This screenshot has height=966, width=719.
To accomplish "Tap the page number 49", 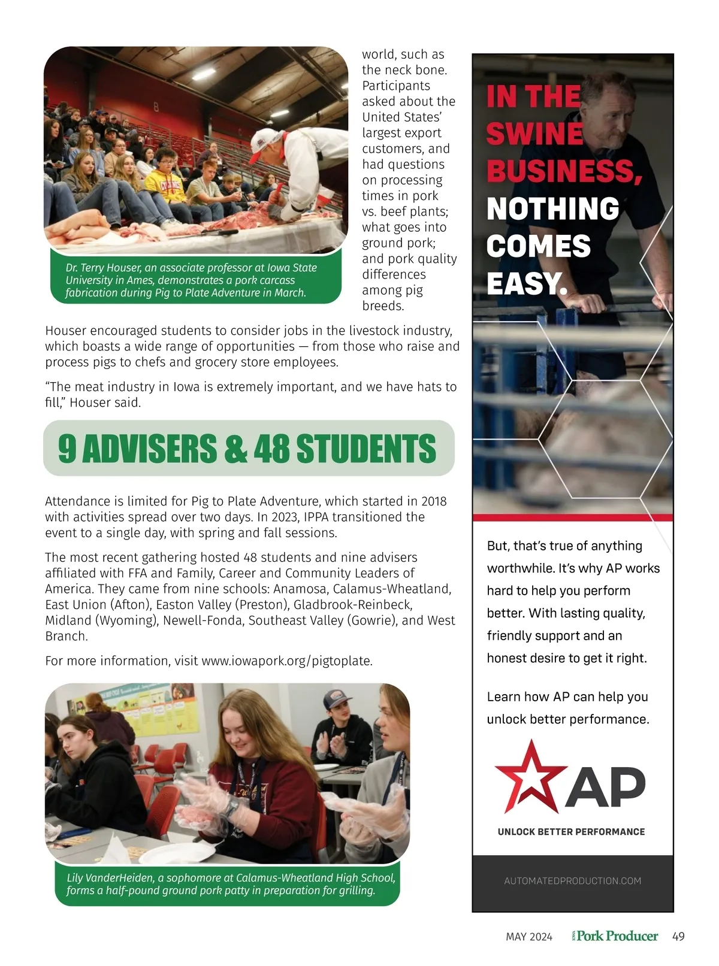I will coord(678,936).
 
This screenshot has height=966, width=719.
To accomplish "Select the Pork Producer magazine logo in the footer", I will coord(617,935).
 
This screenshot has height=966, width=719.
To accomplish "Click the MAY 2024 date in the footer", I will coord(529,937).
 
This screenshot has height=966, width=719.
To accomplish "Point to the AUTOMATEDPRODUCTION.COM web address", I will coord(572,881).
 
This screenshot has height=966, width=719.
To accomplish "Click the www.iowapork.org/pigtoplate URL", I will coord(286,661).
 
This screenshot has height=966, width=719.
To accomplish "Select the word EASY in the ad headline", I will coord(525,283).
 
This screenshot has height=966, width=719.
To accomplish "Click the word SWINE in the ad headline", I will coord(534,134).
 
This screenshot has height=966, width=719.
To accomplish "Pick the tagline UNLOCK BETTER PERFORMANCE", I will coord(571,832).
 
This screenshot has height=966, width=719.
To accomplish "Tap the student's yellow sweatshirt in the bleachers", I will coord(164,187).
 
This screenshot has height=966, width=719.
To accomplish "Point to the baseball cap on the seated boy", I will coord(337,700).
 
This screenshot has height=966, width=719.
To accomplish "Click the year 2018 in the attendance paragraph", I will coord(434,501).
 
